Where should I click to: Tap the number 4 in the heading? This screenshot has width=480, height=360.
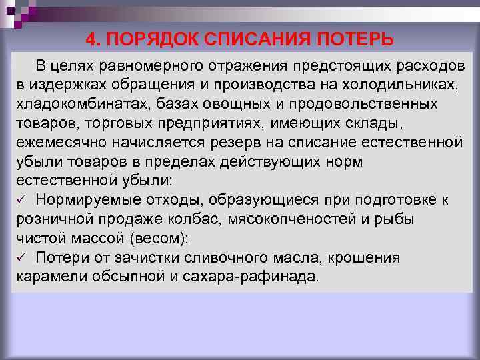click(x=91, y=39)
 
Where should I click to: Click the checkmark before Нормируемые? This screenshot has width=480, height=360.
click(x=21, y=200)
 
